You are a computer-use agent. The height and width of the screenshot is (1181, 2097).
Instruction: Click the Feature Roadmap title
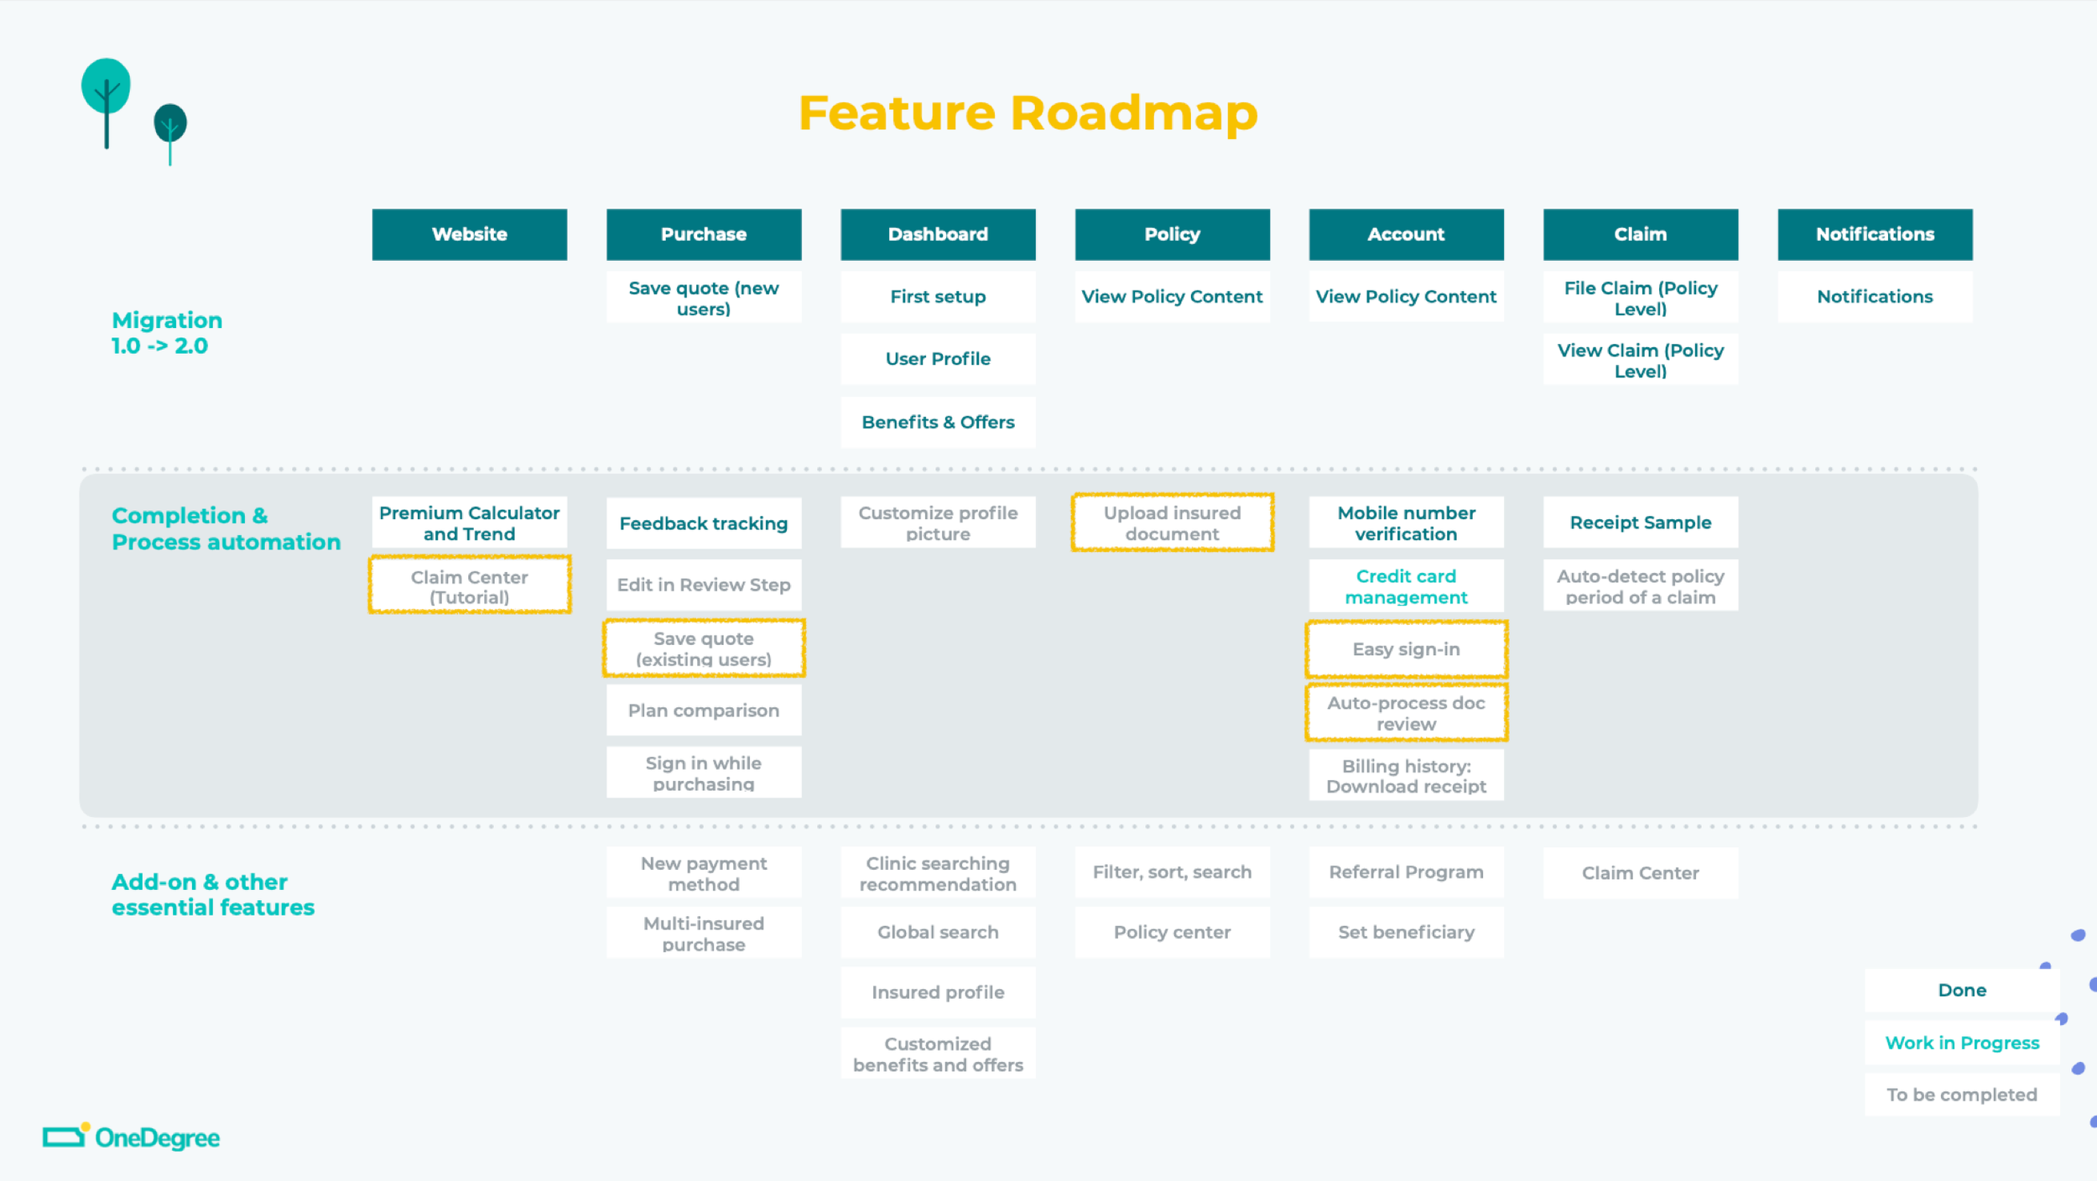tap(1028, 113)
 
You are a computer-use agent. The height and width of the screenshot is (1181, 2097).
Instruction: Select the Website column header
tap(470, 234)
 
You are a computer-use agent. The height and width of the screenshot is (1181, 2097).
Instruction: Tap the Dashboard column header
tap(938, 234)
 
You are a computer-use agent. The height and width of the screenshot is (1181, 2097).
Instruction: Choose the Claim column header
tap(1641, 234)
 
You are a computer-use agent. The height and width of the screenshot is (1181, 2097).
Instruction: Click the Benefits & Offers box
tap(938, 422)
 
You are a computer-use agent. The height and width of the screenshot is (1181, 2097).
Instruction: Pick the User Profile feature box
tap(938, 359)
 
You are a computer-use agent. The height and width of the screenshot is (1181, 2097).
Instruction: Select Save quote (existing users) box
tap(704, 648)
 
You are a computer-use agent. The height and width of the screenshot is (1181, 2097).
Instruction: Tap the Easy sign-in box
tap(1407, 649)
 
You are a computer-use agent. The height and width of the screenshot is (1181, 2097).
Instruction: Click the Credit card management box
tap(1407, 586)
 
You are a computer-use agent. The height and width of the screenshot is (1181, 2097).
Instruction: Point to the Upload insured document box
tap(1173, 523)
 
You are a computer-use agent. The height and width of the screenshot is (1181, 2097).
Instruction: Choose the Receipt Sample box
tap(1641, 523)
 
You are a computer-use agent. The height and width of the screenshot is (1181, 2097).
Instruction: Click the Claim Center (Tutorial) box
tap(470, 585)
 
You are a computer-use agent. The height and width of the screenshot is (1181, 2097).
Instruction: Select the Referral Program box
tap(1407, 872)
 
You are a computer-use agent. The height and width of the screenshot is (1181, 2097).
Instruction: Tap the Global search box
tap(938, 932)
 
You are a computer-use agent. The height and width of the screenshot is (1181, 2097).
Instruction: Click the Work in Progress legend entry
tap(1962, 1043)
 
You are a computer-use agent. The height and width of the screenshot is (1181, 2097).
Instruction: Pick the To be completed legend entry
tap(1962, 1095)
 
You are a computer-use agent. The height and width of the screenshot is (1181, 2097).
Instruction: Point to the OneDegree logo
tap(132, 1137)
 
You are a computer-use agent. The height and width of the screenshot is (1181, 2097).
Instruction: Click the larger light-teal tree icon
tap(106, 101)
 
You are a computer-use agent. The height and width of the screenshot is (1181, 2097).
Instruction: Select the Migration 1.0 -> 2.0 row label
tap(167, 333)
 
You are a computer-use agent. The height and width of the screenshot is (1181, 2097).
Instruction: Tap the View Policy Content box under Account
tap(1407, 296)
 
